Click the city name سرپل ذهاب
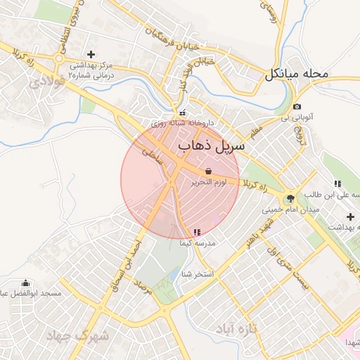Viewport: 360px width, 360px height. click(212, 146)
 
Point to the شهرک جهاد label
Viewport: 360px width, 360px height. click(78, 336)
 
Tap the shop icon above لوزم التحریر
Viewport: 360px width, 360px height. click(208, 171)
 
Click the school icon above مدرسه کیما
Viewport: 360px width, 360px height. click(195, 231)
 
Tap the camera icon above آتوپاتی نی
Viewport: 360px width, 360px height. click(297, 107)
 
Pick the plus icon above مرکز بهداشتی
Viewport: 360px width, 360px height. click(90, 54)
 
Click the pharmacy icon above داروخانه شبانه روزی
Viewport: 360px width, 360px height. click(183, 112)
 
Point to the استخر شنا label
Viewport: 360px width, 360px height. click(197, 273)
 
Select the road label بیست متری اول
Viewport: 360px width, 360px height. click(290, 267)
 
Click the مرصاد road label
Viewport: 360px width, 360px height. click(143, 286)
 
